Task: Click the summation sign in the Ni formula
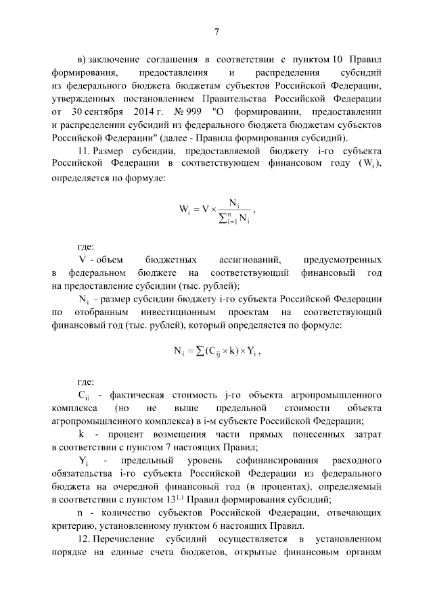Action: click(x=200, y=352)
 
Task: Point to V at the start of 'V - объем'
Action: click(x=82, y=260)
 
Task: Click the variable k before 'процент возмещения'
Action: click(x=81, y=433)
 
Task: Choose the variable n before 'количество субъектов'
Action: click(x=81, y=513)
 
